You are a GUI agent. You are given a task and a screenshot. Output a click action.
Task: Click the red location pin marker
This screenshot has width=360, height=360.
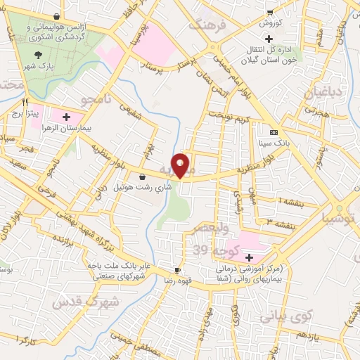point(181,165)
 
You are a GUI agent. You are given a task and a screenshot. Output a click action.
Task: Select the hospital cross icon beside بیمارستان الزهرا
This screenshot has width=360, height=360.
point(67,117)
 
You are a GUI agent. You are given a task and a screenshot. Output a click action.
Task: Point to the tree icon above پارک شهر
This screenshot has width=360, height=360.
point(38,54)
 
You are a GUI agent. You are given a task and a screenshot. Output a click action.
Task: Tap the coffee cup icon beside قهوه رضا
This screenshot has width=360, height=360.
point(178,270)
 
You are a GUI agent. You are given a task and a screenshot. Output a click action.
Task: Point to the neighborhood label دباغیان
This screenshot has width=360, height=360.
point(321,93)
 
